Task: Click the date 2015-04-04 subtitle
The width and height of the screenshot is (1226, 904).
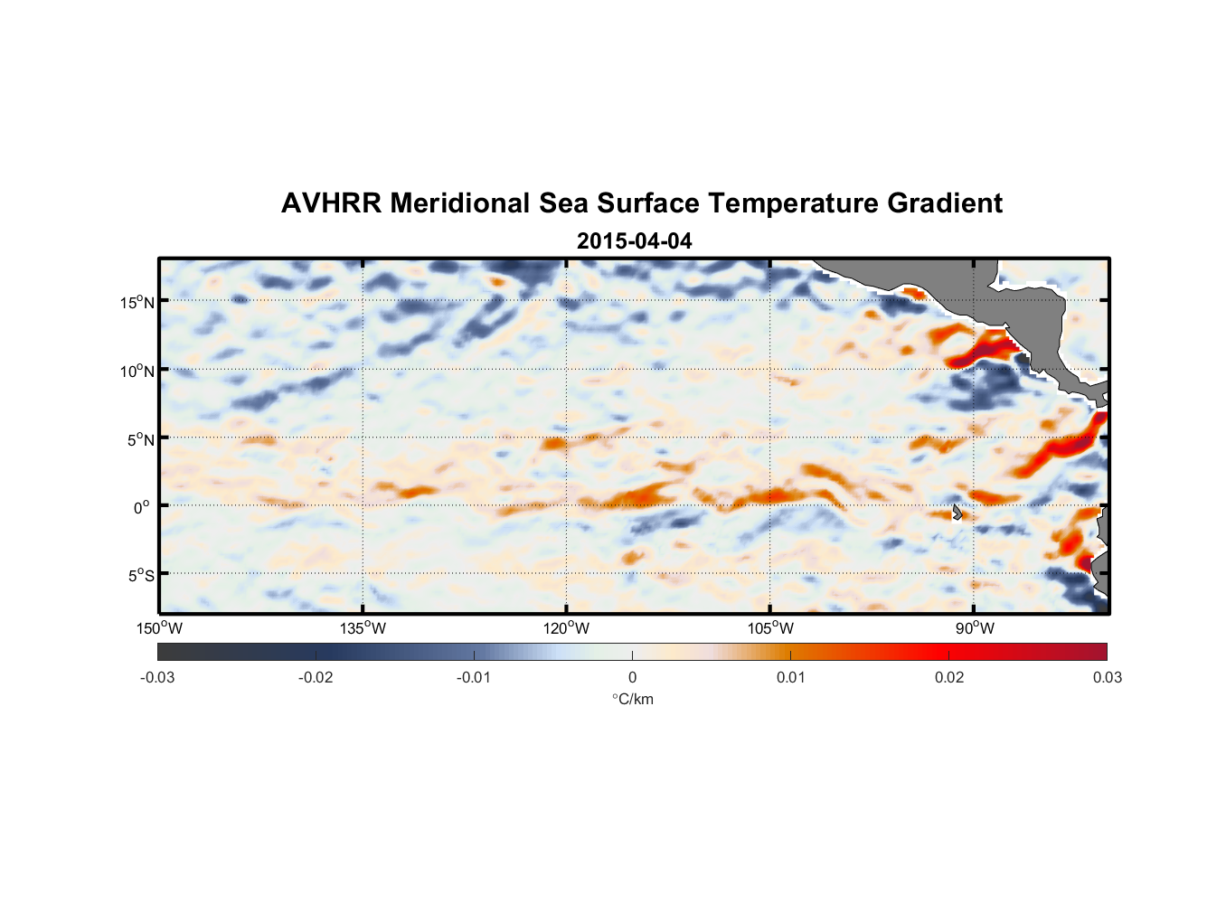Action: (x=634, y=241)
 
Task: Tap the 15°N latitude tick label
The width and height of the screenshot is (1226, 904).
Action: (x=137, y=302)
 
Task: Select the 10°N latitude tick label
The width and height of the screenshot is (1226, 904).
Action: (x=137, y=371)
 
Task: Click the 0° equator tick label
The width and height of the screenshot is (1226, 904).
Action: (x=142, y=507)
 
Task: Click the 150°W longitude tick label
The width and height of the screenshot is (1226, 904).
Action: (x=159, y=628)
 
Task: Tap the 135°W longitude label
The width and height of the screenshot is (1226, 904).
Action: (x=363, y=628)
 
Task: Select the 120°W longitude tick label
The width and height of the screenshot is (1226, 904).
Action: (x=566, y=628)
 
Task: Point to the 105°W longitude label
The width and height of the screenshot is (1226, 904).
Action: (x=770, y=628)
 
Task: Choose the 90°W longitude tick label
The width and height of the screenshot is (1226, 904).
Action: (x=975, y=628)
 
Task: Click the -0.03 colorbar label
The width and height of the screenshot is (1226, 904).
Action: (x=157, y=677)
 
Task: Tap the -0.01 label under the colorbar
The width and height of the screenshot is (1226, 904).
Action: (x=473, y=677)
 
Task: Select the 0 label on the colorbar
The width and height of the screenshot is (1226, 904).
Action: (x=632, y=677)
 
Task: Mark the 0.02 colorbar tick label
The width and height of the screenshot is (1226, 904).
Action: (x=948, y=677)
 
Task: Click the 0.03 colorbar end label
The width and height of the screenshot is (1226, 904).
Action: (x=1107, y=677)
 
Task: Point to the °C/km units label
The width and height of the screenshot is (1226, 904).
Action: (x=632, y=699)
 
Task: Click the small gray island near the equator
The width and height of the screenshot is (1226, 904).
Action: (x=957, y=513)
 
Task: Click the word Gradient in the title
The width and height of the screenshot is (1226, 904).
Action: (x=945, y=203)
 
